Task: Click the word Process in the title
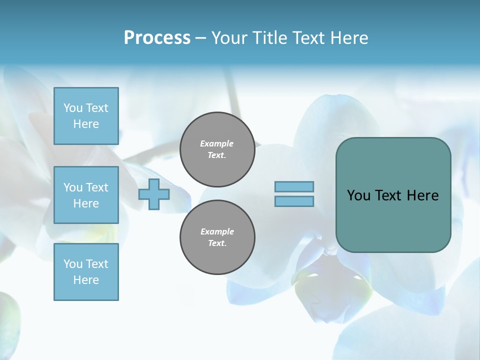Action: (x=157, y=38)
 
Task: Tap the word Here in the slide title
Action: (x=349, y=38)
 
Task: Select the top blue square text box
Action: (x=86, y=116)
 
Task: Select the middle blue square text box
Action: (x=86, y=195)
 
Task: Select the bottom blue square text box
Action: (x=86, y=271)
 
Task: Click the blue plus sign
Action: (x=154, y=194)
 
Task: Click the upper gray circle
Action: (x=217, y=149)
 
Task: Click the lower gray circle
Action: (x=217, y=237)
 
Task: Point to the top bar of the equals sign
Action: (x=294, y=186)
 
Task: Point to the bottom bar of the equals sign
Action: (x=294, y=201)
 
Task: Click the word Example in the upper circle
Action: (x=217, y=143)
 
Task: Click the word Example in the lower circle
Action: (x=217, y=231)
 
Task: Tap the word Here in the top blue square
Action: (x=86, y=124)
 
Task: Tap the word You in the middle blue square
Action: (x=73, y=187)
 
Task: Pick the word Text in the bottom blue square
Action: (x=97, y=264)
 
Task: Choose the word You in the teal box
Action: (x=358, y=195)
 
